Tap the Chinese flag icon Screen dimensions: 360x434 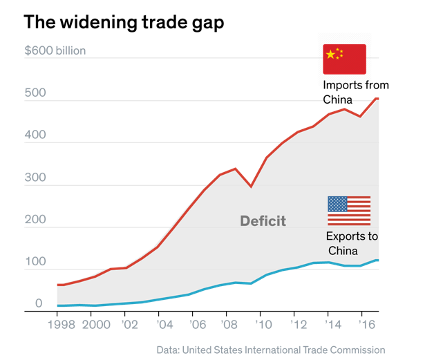[x=344, y=59]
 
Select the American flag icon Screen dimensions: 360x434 [x=348, y=211]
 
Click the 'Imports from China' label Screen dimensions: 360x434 [x=355, y=93]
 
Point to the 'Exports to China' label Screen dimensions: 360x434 [x=352, y=243]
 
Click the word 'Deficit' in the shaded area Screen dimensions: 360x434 [x=263, y=221]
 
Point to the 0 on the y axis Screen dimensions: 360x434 [x=39, y=303]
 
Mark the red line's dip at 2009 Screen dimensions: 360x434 [x=251, y=187]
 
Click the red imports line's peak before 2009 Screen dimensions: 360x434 [x=236, y=169]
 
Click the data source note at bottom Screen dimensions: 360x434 [x=270, y=350]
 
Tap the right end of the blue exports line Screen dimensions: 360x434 [x=377, y=260]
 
